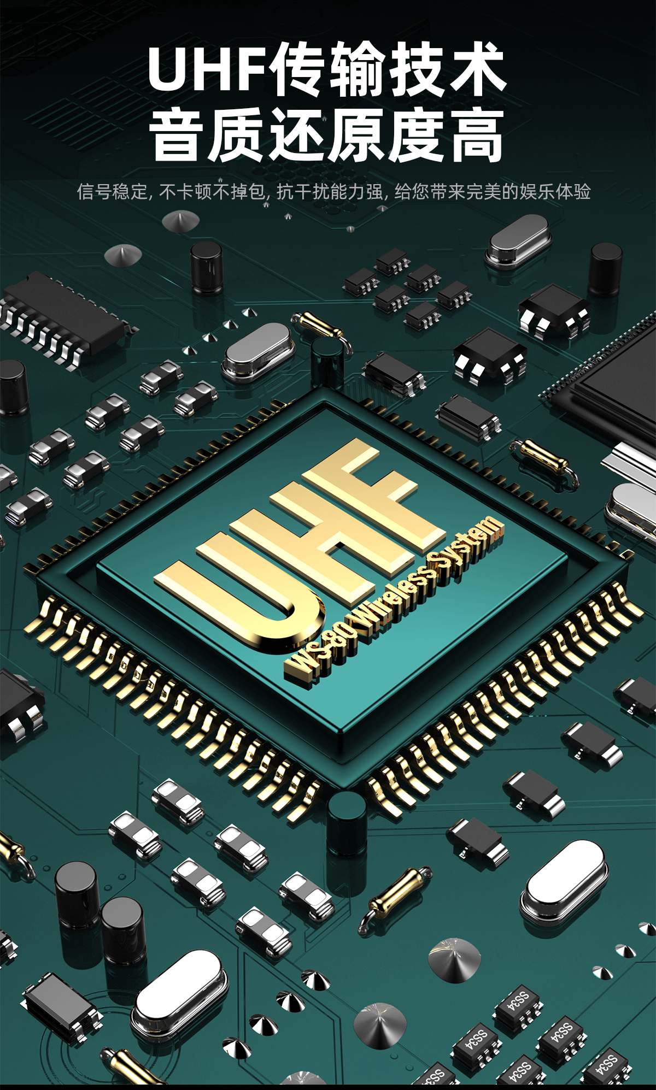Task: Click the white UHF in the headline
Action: click(x=209, y=69)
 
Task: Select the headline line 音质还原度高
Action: click(x=327, y=134)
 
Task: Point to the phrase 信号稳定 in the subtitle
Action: click(x=112, y=192)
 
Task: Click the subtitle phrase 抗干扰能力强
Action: click(x=330, y=192)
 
